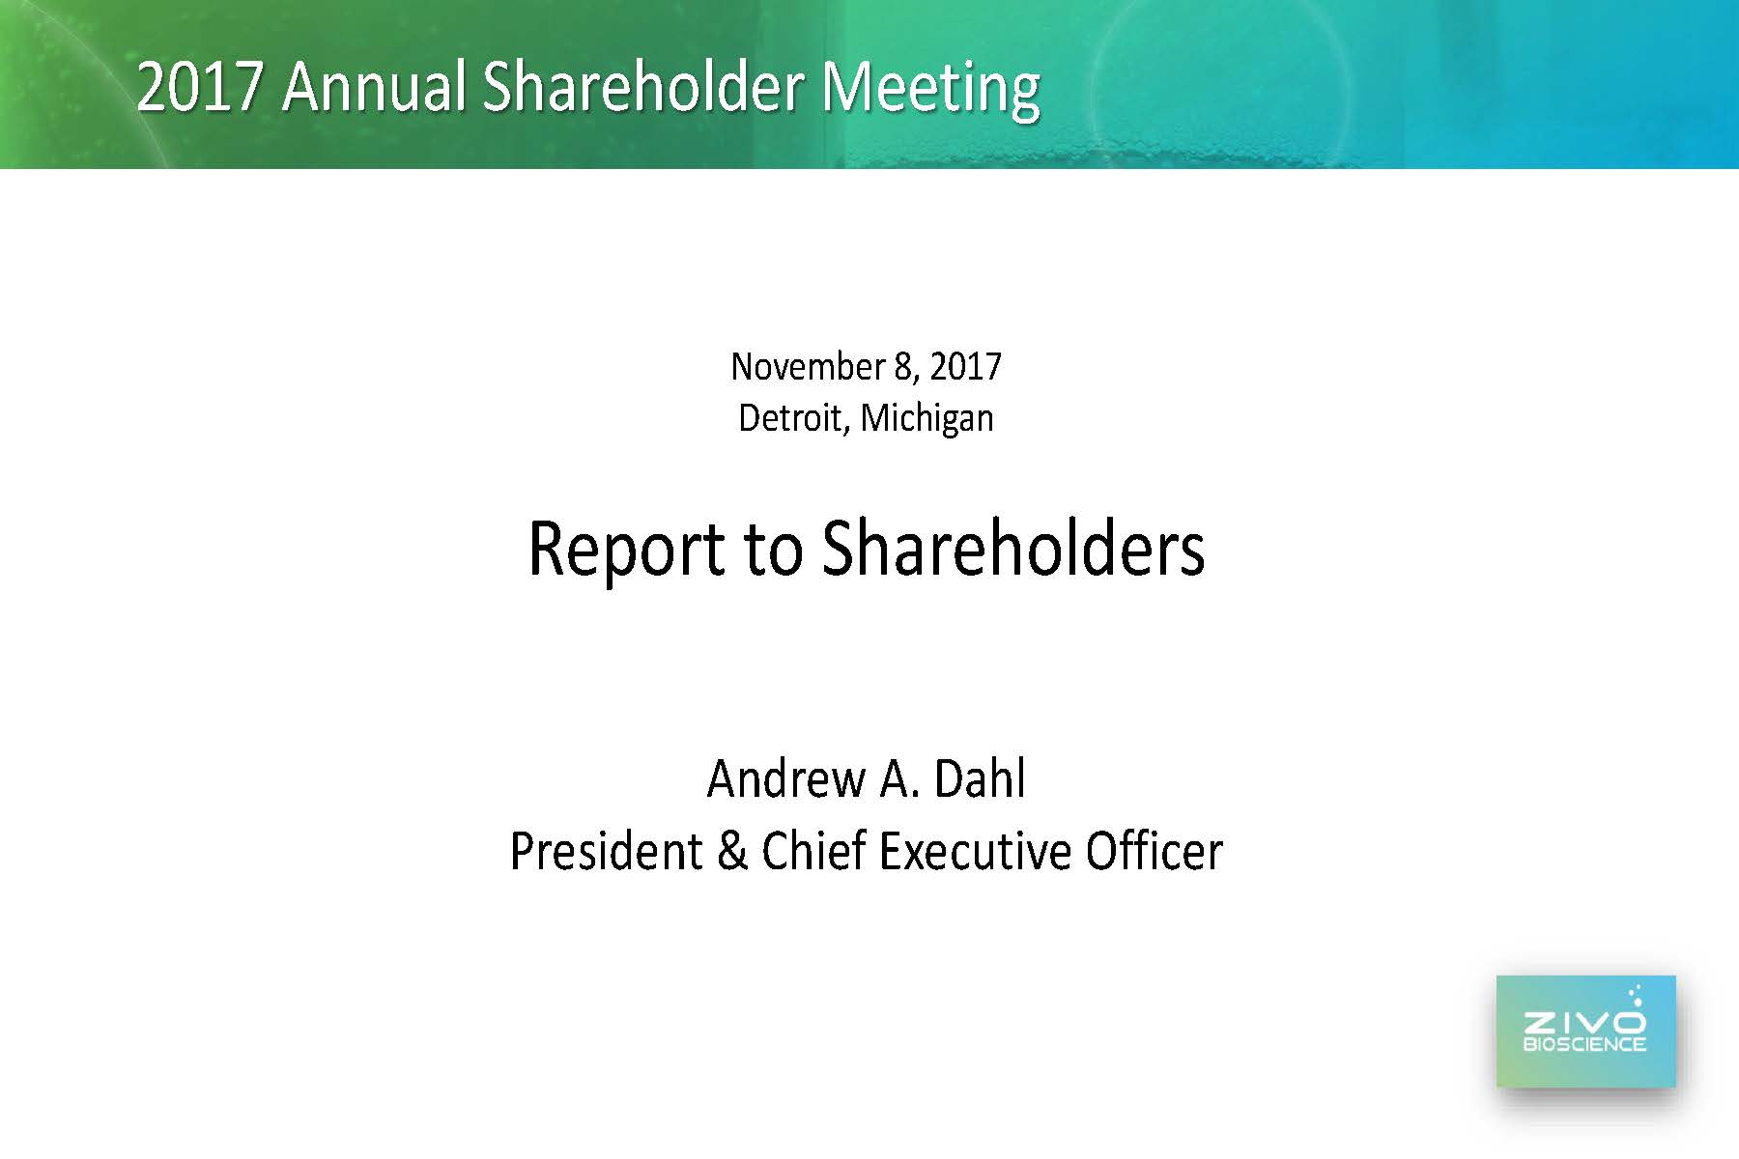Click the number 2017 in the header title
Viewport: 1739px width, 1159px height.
coord(200,87)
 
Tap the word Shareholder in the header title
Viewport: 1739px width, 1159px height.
coord(642,87)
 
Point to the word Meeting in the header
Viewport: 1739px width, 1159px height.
coord(930,90)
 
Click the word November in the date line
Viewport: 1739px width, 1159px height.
coord(808,367)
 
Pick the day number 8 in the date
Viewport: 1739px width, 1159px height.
coord(905,367)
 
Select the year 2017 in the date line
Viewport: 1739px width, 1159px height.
coord(965,367)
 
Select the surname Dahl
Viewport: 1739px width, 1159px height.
coord(980,778)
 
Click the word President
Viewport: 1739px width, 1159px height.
coord(606,852)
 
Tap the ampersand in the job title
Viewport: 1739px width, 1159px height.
coord(732,852)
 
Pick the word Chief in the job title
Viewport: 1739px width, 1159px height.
coord(813,852)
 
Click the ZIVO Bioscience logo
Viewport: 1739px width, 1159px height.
coord(1585,1031)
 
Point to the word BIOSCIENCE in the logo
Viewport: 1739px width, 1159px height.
coord(1584,1044)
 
